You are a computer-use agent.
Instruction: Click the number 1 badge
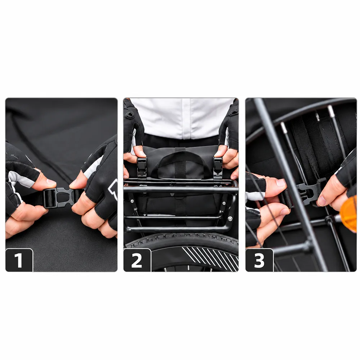click(x=19, y=260)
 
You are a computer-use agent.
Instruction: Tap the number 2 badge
click(x=137, y=260)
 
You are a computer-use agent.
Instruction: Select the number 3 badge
click(x=260, y=260)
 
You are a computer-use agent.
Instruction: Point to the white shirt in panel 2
click(x=182, y=118)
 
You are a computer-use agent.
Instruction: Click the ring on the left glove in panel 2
click(x=130, y=114)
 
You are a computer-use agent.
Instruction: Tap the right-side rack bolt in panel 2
click(x=230, y=219)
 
